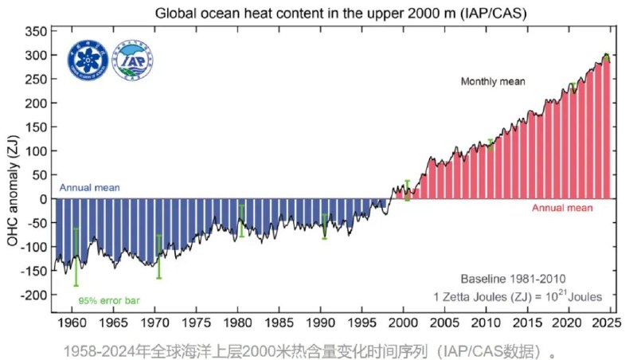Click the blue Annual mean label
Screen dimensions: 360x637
[90, 188]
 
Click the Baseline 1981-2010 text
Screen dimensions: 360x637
[513, 279]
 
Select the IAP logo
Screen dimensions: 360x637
[133, 60]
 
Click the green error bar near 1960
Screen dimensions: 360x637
[76, 256]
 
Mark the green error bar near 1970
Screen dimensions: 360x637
[158, 256]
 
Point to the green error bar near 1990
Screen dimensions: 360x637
[324, 226]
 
